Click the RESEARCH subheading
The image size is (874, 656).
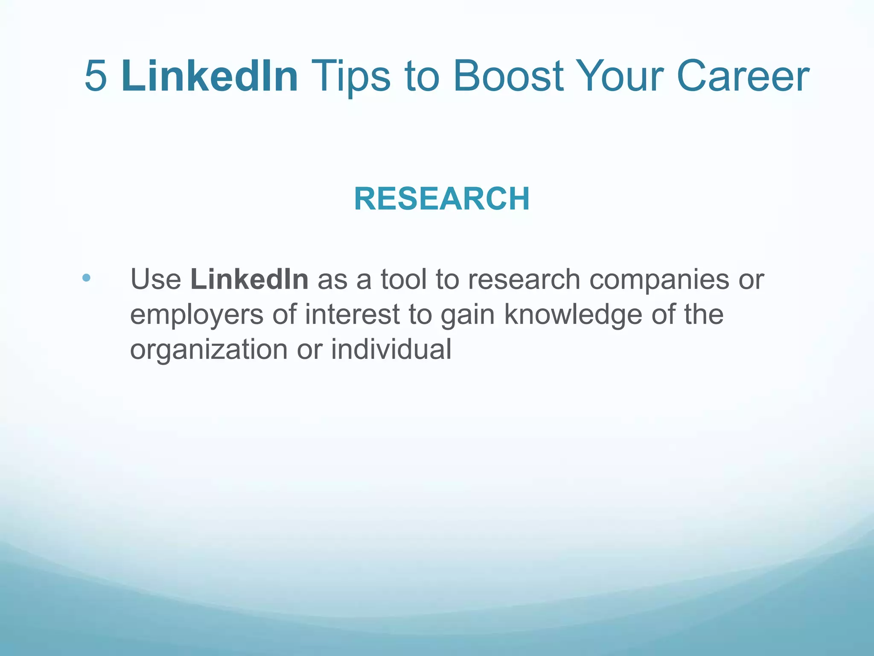pos(442,199)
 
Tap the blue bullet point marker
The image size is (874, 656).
pos(87,278)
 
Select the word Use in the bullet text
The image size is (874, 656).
pos(156,280)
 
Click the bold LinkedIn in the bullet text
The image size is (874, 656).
pos(249,280)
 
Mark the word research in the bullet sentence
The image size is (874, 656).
pos(524,280)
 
